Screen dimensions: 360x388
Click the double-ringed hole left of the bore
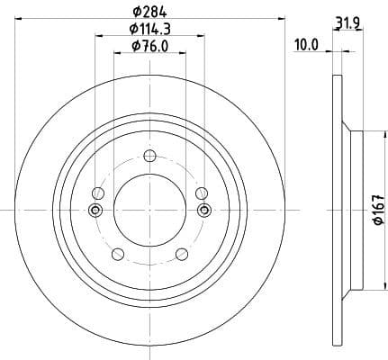click(x=95, y=210)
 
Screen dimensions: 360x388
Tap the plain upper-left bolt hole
click(x=98, y=193)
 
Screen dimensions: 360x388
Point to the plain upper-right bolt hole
click(x=201, y=193)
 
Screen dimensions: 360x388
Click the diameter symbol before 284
click(x=137, y=12)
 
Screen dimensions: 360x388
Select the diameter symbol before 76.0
click(x=135, y=48)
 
